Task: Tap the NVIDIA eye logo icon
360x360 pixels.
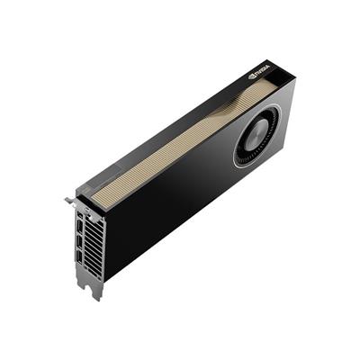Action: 251,76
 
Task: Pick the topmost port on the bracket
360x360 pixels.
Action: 80,215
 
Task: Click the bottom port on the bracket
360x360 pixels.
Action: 80,258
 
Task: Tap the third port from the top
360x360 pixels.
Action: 80,243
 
